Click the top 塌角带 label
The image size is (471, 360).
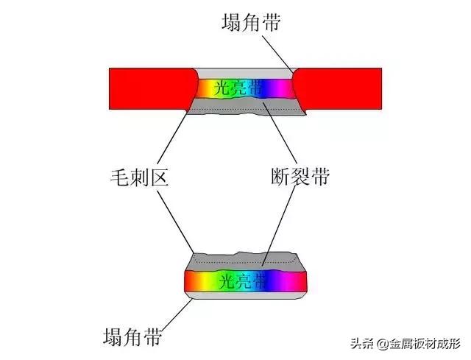[251, 22]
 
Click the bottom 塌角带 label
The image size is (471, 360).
[132, 336]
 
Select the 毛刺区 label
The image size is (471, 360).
[139, 177]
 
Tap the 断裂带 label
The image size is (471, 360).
[300, 177]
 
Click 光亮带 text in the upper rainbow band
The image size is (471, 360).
[238, 88]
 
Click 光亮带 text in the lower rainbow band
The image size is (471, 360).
[243, 281]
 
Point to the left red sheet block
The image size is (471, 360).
[152, 88]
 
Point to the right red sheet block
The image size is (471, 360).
[337, 89]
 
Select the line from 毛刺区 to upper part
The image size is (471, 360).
[172, 138]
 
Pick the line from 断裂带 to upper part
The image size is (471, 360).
[280, 133]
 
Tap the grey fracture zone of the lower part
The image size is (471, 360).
[245, 261]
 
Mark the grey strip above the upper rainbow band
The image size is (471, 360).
[246, 74]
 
